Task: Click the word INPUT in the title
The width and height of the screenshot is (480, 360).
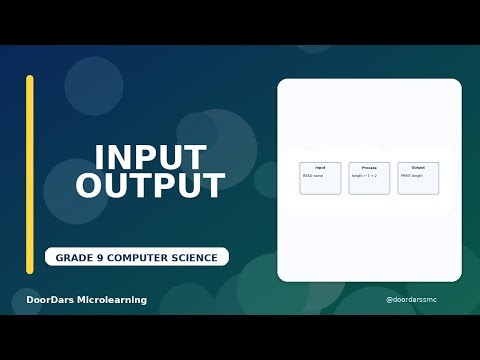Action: point(150,157)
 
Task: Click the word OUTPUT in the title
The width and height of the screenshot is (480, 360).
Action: point(150,186)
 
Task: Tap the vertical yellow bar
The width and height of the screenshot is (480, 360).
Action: point(30,174)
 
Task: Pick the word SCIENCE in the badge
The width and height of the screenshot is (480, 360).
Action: point(196,258)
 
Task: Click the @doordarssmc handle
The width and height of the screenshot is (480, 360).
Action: point(411,300)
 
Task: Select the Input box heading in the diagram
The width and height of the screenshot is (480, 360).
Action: point(320,167)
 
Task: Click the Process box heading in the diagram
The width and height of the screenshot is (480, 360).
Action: point(369,167)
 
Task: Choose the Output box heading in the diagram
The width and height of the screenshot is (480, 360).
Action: point(418,167)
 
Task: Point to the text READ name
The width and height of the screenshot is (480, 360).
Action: point(313,175)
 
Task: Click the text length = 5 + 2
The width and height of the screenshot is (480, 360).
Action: point(364,175)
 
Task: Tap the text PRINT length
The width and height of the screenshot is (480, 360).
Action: point(412,175)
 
